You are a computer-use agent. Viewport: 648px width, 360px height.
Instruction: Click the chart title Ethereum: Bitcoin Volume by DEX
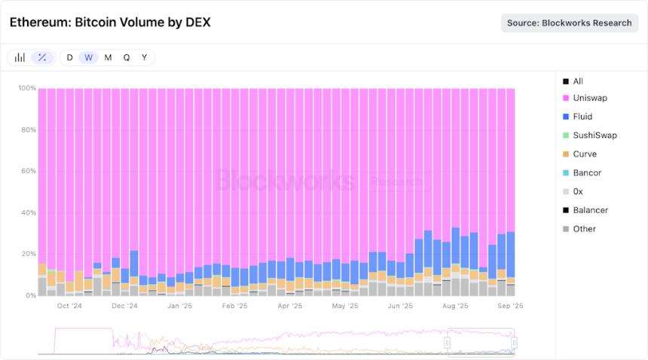click(110, 23)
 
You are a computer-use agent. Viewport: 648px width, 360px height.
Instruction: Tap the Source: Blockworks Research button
click(569, 23)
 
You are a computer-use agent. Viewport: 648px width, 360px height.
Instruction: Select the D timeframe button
click(70, 57)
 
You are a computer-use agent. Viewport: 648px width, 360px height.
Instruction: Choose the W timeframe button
click(89, 57)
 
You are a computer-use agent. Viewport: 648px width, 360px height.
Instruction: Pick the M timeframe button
click(108, 57)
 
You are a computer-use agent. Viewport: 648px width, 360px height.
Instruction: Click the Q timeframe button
click(127, 57)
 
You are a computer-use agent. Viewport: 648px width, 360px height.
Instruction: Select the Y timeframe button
click(145, 57)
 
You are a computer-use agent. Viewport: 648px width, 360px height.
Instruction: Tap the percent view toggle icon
click(42, 57)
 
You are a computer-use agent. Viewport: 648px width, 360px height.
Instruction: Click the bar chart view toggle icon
click(20, 57)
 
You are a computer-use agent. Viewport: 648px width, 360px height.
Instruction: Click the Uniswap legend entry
click(589, 98)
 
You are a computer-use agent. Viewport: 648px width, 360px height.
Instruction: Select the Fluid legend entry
click(582, 117)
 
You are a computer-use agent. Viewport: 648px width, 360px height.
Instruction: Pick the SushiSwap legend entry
click(595, 136)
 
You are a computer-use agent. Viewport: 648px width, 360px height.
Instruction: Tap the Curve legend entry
click(584, 154)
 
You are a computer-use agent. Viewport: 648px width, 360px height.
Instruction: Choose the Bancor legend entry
click(587, 172)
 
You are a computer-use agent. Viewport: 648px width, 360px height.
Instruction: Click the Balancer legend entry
click(590, 210)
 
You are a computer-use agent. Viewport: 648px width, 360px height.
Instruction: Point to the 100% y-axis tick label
click(26, 88)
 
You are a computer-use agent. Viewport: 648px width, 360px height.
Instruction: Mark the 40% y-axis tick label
click(27, 212)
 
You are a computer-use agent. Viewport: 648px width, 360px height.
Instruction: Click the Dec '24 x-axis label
click(125, 307)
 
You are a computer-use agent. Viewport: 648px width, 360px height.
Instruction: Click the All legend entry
click(578, 81)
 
